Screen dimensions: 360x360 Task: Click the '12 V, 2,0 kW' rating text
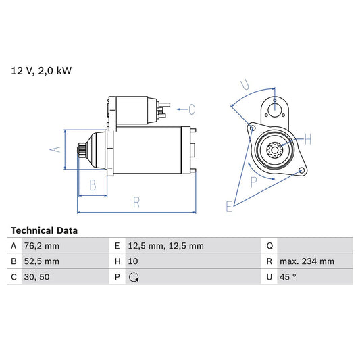coord(41,70)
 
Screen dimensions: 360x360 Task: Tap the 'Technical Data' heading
coord(44,230)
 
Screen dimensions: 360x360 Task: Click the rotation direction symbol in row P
coord(134,276)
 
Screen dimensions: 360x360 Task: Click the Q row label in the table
coord(270,246)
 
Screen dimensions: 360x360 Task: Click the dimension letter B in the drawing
coord(93,184)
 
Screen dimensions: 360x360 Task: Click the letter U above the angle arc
coord(245,86)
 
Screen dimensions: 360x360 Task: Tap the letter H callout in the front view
coord(307,140)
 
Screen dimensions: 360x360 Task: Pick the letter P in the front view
coord(255,180)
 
